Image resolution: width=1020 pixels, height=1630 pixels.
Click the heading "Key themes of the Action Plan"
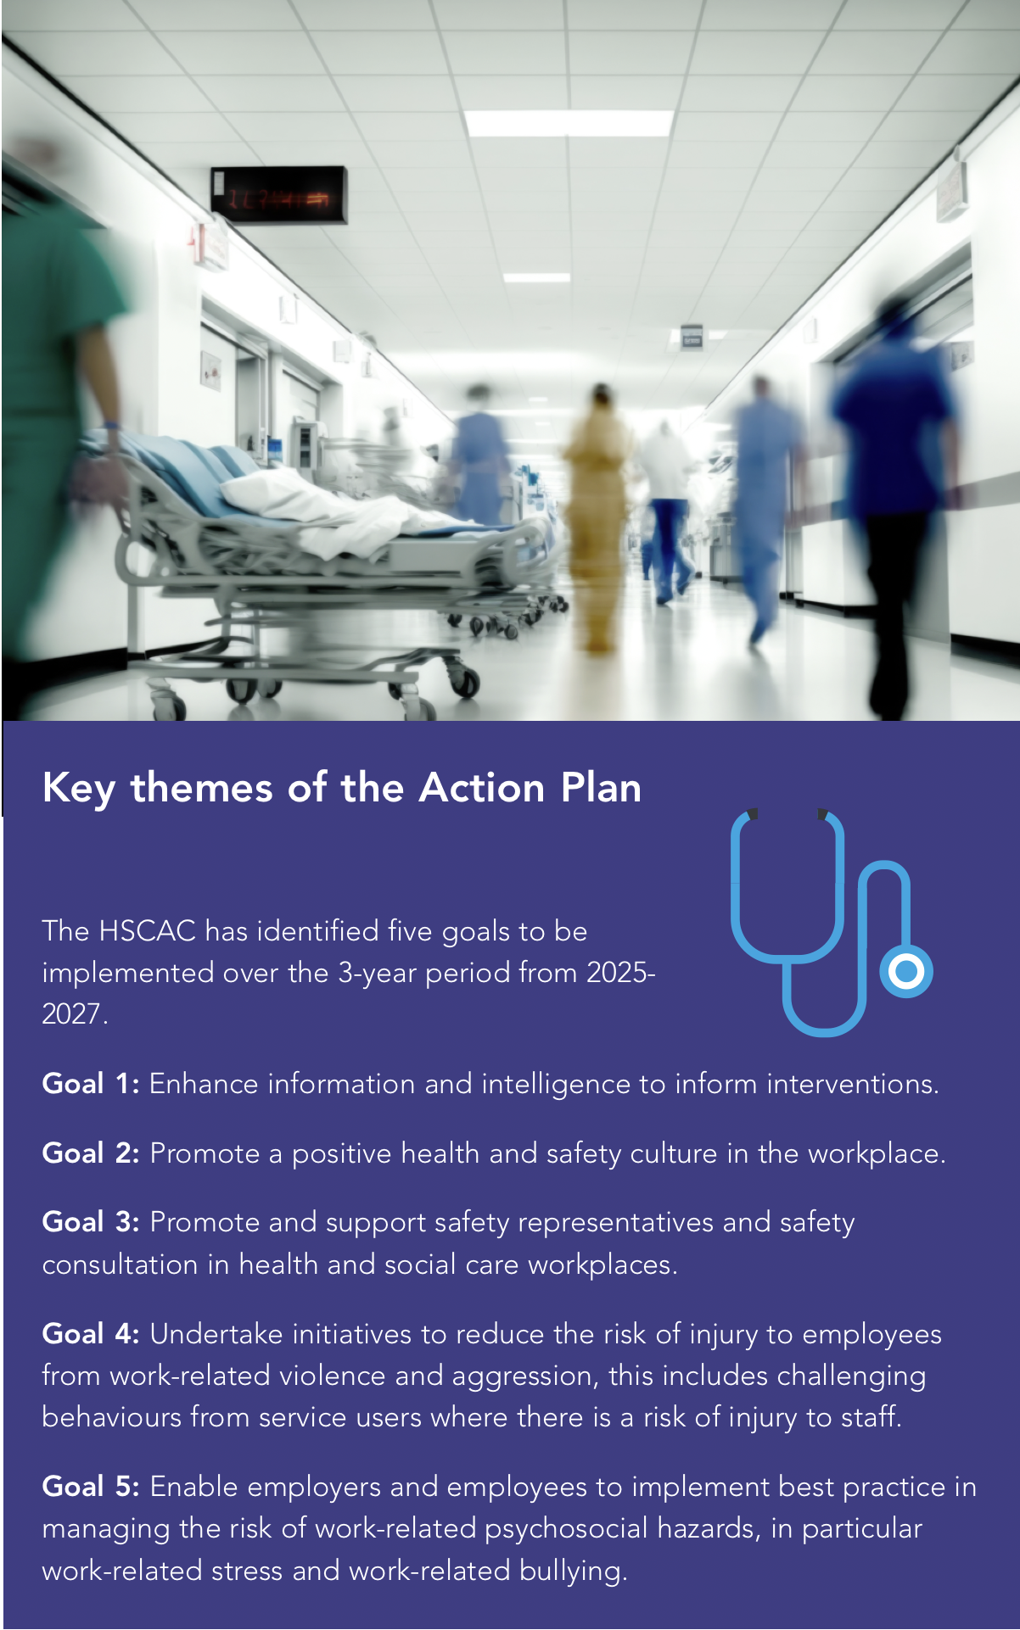pos(342,788)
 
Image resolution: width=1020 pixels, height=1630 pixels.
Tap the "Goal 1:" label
pos(91,1084)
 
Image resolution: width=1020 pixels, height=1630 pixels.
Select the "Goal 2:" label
pos(91,1153)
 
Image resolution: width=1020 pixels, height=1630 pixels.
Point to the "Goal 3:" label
pos(91,1222)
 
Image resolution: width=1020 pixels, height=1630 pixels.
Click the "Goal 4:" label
pos(91,1334)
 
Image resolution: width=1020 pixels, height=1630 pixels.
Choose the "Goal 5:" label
pos(91,1487)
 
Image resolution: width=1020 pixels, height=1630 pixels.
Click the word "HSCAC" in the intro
pos(148,931)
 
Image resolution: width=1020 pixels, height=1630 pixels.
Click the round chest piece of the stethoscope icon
pos(906,972)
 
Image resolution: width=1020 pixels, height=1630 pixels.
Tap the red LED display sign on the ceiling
pos(278,196)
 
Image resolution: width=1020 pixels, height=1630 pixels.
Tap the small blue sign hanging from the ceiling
pos(692,337)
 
